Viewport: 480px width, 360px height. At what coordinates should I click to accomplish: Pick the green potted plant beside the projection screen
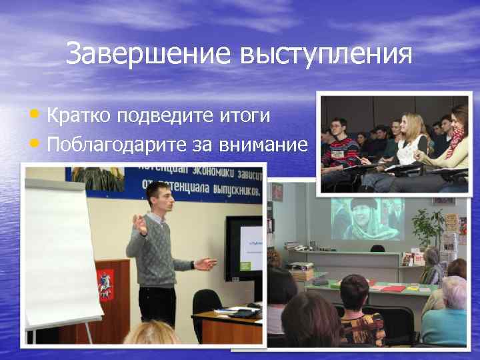point(427,227)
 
